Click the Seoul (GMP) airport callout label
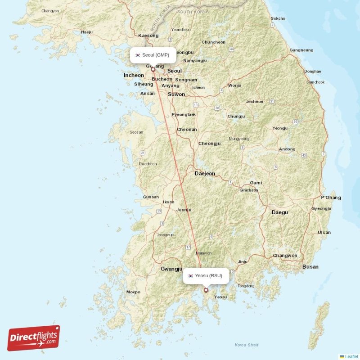point(153,55)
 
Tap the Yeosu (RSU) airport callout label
point(206,276)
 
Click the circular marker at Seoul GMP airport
point(153,69)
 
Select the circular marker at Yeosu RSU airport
point(206,290)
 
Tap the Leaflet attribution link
point(351,356)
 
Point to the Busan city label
point(310,267)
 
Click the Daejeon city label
point(205,173)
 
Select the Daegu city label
point(279,212)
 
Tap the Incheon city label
point(134,75)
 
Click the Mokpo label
point(133,292)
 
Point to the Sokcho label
point(278,18)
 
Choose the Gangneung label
point(301,50)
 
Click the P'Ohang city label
point(331,198)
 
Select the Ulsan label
point(324,233)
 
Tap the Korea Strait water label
point(247,345)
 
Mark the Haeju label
point(86,32)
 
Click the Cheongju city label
point(210,144)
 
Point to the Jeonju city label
point(184,210)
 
